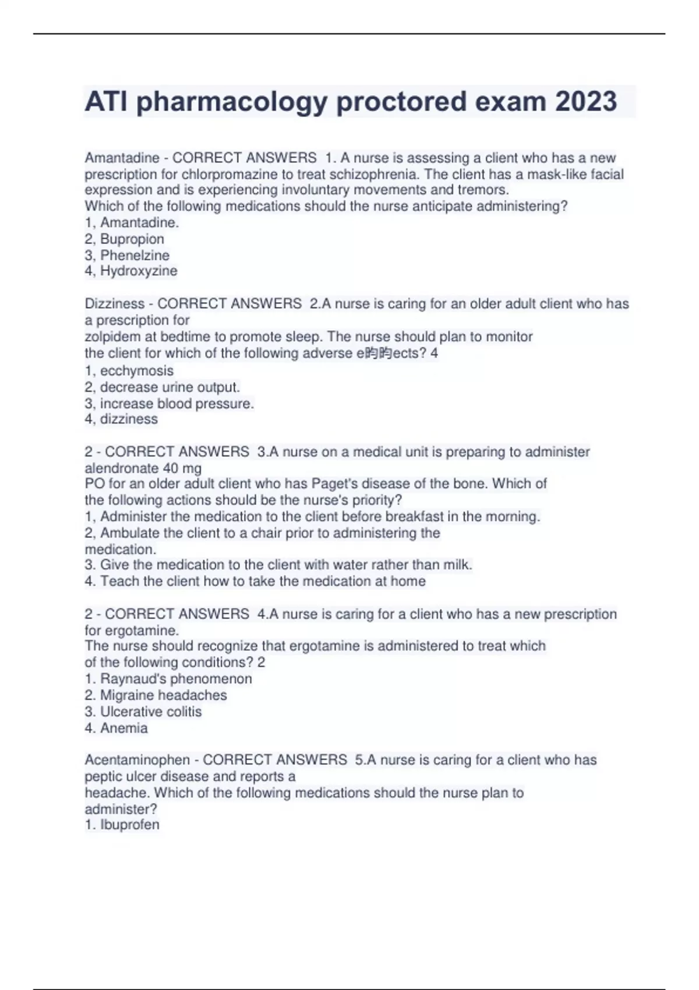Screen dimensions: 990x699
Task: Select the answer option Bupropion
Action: (x=132, y=239)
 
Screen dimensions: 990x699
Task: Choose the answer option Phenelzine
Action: (x=135, y=255)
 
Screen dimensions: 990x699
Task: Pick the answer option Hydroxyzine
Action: (x=139, y=271)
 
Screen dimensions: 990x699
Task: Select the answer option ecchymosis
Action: (x=136, y=371)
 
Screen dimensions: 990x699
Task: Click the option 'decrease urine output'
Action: (x=170, y=387)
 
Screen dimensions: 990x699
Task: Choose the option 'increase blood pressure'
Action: (x=176, y=404)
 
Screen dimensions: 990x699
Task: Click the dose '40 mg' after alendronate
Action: (x=182, y=468)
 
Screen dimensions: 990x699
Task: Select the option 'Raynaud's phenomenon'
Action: (x=176, y=679)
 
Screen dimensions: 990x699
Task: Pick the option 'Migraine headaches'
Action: (x=163, y=695)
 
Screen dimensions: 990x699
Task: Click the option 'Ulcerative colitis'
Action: (x=151, y=712)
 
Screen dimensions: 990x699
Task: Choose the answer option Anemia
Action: (x=123, y=728)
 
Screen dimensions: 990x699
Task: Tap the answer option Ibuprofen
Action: (x=129, y=825)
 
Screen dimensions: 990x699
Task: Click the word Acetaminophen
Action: (x=137, y=760)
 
